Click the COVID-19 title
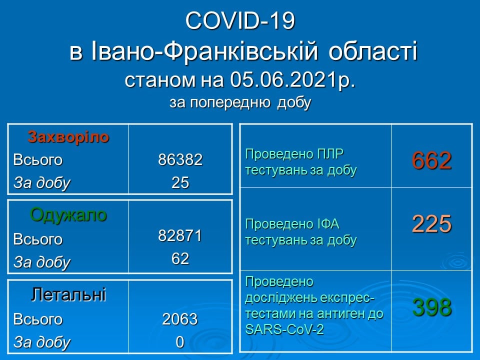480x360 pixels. tap(240, 21)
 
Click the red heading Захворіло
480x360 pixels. tap(68, 137)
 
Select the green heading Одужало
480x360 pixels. tap(68, 215)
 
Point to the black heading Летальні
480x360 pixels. tap(68, 294)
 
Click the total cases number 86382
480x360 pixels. tap(180, 159)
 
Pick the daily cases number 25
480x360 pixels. tap(180, 182)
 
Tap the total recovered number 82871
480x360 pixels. tap(180, 235)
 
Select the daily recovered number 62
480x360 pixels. tap(180, 258)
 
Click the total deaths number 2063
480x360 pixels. tap(180, 319)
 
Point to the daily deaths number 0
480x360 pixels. tap(180, 342)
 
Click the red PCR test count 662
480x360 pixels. tap(431, 160)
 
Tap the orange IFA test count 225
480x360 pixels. tap(431, 224)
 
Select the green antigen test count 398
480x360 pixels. tap(432, 307)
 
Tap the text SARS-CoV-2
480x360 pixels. tap(284, 329)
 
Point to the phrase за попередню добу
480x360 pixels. tap(240, 102)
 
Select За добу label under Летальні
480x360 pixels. tap(42, 342)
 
